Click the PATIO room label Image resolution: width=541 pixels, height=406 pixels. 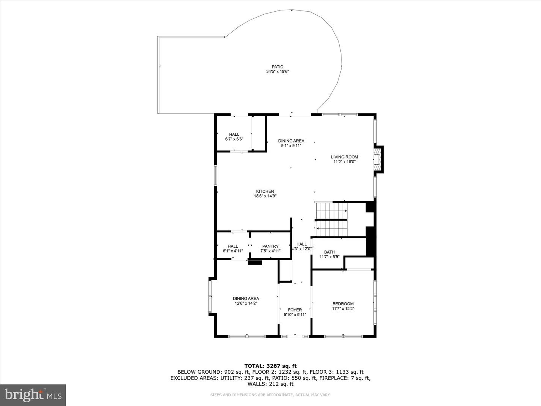[278, 67]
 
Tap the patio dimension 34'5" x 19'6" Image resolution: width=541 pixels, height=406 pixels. [278, 71]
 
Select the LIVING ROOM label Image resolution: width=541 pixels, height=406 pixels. [344, 157]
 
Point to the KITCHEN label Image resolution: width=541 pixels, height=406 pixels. [265, 191]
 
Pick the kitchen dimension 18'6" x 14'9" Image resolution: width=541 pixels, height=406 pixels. [265, 196]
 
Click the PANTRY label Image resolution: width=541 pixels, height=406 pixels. [270, 247]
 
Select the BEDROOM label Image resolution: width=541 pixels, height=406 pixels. [343, 304]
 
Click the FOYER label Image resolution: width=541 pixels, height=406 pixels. [295, 310]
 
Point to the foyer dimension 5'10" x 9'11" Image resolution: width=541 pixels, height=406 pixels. [295, 315]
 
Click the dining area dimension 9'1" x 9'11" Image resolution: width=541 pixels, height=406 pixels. [291, 145]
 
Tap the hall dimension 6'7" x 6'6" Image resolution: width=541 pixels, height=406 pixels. [234, 139]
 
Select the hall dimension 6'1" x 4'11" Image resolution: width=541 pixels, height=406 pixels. [233, 251]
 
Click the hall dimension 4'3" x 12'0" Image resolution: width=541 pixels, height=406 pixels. [302, 249]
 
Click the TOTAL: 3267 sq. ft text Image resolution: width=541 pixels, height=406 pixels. [270, 366]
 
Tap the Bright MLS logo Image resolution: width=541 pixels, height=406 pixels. [33, 395]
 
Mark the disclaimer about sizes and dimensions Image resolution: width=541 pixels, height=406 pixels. [270, 395]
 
